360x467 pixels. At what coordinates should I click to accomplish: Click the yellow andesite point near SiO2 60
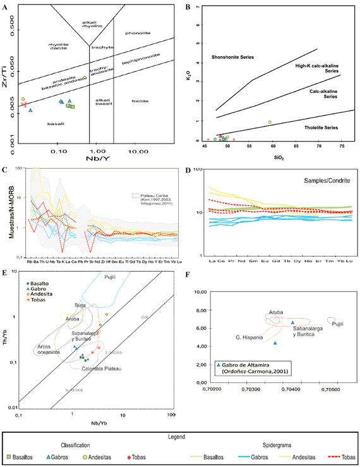[270, 122]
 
